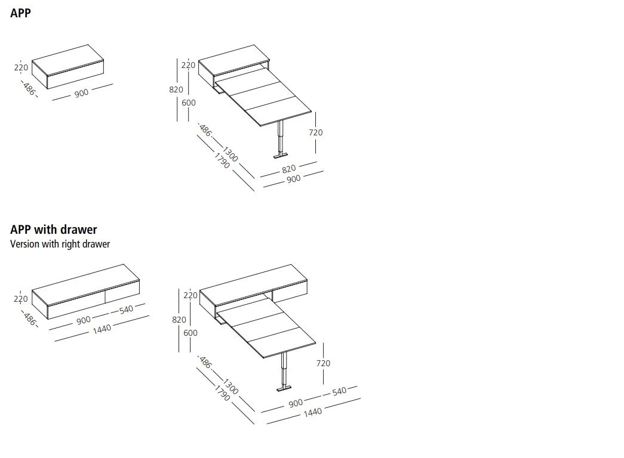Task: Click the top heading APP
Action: pyautogui.click(x=20, y=13)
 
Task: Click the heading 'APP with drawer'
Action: pyautogui.click(x=53, y=230)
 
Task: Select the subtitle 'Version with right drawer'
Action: pyautogui.click(x=60, y=244)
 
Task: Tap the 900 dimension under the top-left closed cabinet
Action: pyautogui.click(x=82, y=93)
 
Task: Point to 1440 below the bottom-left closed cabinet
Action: pyautogui.click(x=102, y=328)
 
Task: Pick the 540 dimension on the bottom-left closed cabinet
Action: pyautogui.click(x=127, y=309)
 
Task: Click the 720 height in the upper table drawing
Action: pyautogui.click(x=316, y=132)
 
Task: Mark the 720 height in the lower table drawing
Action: pyautogui.click(x=323, y=363)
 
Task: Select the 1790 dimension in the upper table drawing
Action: pyautogui.click(x=222, y=160)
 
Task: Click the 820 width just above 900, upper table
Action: pyautogui.click(x=288, y=169)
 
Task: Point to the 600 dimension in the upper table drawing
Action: pyautogui.click(x=189, y=103)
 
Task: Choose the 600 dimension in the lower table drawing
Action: pyautogui.click(x=190, y=333)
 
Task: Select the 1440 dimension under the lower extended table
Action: pyautogui.click(x=312, y=412)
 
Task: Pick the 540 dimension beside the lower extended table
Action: pyautogui.click(x=339, y=391)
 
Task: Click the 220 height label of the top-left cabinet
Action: pyautogui.click(x=21, y=67)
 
